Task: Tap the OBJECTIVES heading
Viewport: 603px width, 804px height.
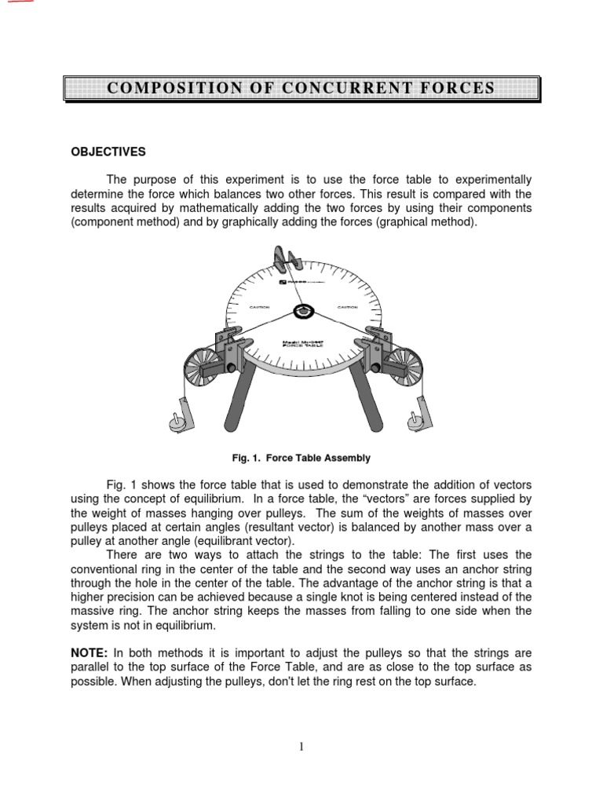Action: click(108, 152)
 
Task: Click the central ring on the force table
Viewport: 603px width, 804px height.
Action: click(301, 311)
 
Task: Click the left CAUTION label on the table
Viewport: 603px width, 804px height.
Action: click(261, 307)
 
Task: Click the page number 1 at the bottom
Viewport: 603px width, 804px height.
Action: click(301, 747)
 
